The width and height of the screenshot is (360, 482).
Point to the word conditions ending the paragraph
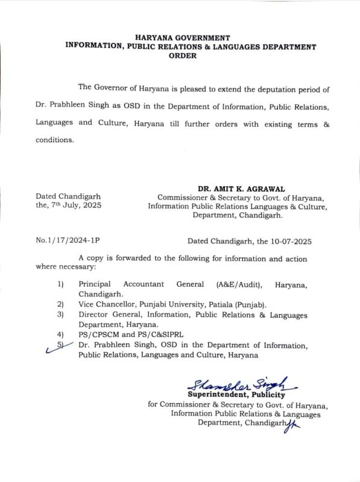pyautogui.click(x=55, y=141)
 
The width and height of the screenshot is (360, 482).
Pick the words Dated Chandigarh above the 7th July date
pyautogui.click(x=68, y=196)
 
